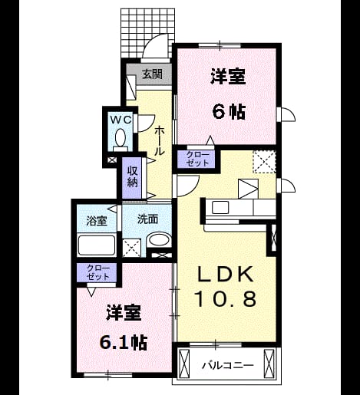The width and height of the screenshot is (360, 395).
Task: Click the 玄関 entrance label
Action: point(152,74)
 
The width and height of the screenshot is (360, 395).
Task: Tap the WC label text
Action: point(121,119)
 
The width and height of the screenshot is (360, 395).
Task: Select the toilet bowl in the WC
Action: point(121,137)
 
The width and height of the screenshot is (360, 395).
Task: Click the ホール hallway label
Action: point(160,140)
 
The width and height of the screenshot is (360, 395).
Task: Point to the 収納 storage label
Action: point(132,176)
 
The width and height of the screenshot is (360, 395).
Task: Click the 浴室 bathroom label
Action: point(97,221)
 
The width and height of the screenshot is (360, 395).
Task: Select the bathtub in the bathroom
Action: point(97,245)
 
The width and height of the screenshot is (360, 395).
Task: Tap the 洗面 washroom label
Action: point(147,219)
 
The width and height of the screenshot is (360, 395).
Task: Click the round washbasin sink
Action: point(159,240)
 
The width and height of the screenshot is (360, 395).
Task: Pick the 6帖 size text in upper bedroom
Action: point(229,112)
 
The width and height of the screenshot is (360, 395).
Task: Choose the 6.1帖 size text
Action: point(124,342)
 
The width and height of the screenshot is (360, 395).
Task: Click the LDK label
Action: point(226,274)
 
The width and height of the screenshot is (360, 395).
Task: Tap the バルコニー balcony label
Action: point(228,365)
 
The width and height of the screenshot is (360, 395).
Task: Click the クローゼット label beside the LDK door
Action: point(197,159)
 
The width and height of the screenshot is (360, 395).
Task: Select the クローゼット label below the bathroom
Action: point(98,272)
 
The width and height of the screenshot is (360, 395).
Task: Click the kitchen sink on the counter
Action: point(220,207)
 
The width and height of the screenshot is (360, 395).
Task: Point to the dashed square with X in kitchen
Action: point(264,162)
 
